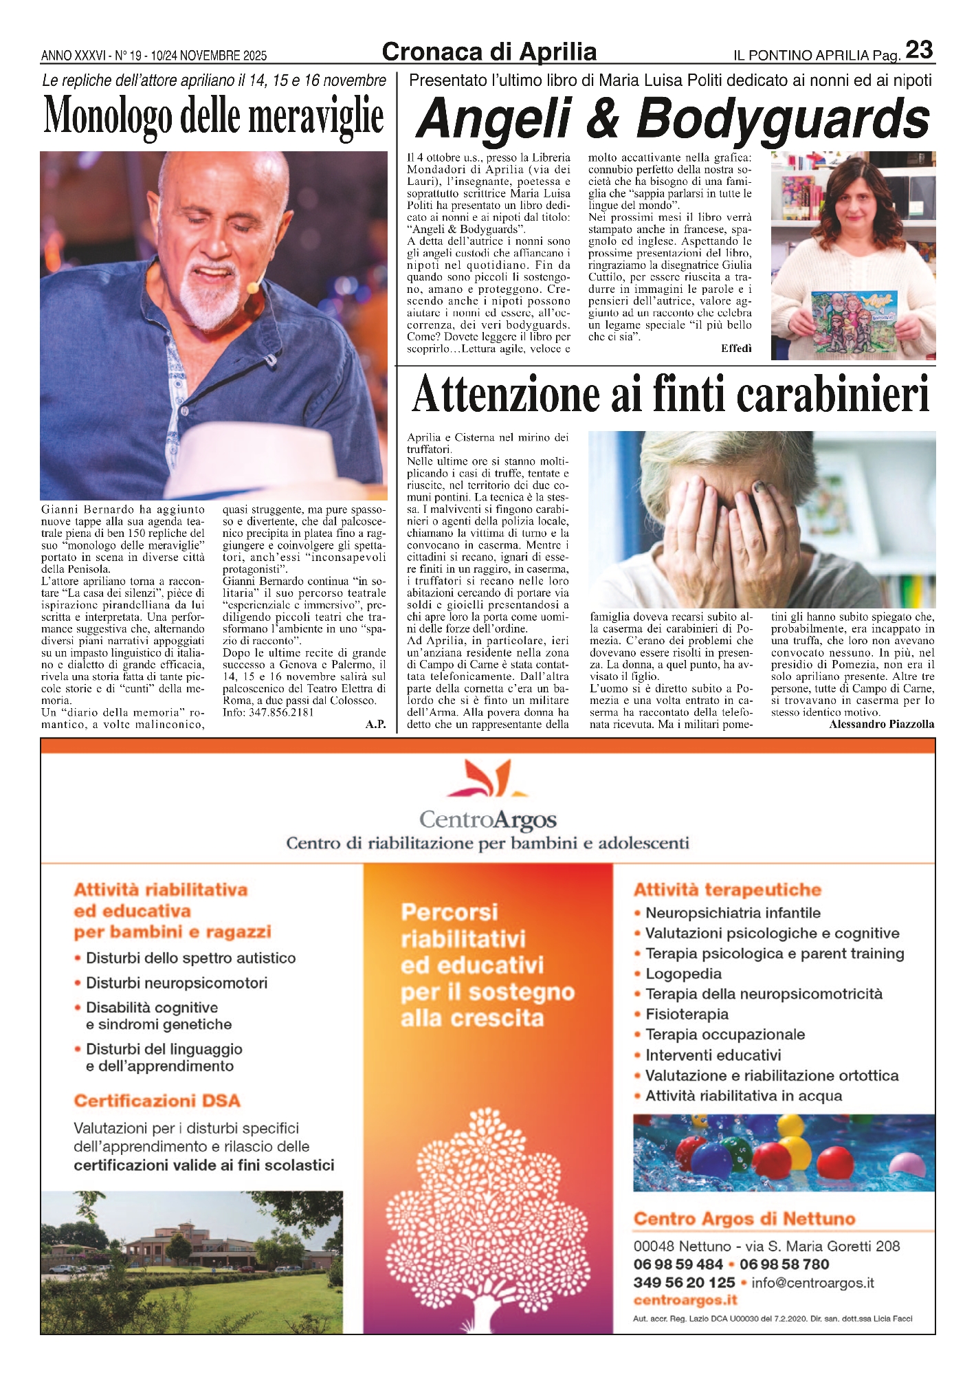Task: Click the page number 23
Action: click(x=919, y=50)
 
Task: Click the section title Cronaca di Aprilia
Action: click(x=489, y=52)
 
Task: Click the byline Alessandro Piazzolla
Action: click(x=881, y=724)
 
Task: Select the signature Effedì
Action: click(x=736, y=348)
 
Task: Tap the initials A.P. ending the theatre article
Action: click(x=375, y=724)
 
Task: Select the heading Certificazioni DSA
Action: click(x=157, y=1101)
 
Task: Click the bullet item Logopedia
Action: click(x=683, y=973)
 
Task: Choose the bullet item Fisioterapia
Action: click(x=687, y=1014)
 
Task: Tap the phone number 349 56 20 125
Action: click(x=684, y=1282)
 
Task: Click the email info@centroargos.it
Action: click(x=812, y=1282)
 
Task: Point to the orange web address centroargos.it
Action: click(x=685, y=1300)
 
